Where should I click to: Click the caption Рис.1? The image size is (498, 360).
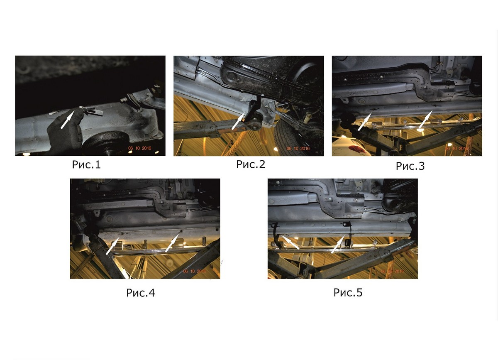pos(86,165)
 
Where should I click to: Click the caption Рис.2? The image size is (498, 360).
pos(251,164)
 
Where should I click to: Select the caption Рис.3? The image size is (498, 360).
pos(410,166)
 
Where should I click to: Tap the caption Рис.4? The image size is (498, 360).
pos(141,293)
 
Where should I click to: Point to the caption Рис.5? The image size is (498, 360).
pos(348,292)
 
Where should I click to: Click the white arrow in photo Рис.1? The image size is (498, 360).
pos(68,119)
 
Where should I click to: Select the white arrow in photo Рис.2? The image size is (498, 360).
pos(238,121)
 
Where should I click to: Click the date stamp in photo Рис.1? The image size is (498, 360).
pos(139,148)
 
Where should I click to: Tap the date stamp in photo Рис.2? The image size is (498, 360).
pos(298,148)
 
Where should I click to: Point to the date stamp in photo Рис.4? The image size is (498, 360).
pos(195,271)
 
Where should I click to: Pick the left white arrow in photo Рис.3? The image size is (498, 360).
pos(365,122)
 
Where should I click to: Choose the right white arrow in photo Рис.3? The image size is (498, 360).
pos(425,120)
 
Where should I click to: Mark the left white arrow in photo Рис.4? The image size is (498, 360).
pos(113,246)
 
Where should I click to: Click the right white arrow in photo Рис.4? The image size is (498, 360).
pos(172,243)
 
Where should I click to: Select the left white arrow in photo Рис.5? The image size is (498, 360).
pos(290,242)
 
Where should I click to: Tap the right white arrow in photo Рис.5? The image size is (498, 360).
pos(338,245)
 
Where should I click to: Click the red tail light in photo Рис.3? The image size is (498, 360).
pos(358,149)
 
